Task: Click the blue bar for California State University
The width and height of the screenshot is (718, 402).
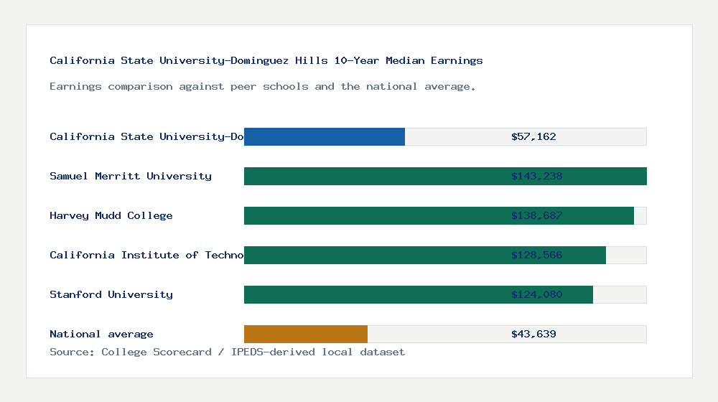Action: click(x=325, y=136)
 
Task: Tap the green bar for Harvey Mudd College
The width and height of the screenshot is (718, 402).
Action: click(x=373, y=215)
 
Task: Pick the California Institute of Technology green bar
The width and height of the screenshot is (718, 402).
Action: click(x=373, y=255)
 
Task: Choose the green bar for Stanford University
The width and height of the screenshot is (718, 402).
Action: click(x=373, y=294)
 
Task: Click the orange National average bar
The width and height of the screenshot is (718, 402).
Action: click(x=306, y=334)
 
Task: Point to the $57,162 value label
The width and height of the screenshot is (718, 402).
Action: click(x=533, y=136)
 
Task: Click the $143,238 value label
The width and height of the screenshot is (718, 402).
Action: click(x=536, y=176)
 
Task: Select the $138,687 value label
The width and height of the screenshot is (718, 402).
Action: click(x=536, y=215)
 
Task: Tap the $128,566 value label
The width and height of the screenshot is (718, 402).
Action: click(x=536, y=255)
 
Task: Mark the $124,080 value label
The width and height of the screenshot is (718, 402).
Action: click(x=536, y=294)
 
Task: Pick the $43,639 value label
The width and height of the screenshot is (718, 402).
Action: click(x=533, y=334)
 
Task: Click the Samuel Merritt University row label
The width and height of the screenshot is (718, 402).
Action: click(x=131, y=176)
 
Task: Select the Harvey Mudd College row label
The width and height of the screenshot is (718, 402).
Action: click(x=111, y=215)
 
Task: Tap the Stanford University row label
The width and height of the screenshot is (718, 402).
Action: click(x=111, y=294)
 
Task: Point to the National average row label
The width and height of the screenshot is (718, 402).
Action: click(x=101, y=334)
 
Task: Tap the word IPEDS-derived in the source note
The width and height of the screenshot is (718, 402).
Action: click(x=269, y=352)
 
